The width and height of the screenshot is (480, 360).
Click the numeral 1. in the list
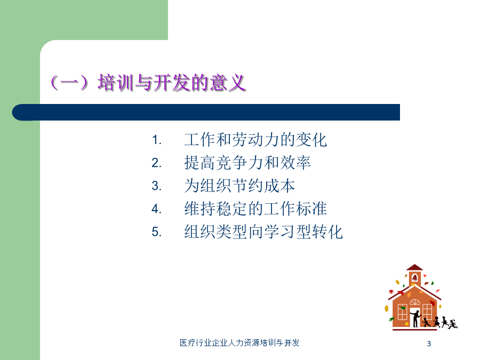click(156, 140)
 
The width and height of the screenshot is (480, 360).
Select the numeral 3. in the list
click(156, 186)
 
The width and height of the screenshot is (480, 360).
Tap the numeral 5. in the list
click(156, 232)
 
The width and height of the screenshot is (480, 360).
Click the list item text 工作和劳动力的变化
click(255, 140)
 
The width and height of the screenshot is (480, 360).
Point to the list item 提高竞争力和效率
click(247, 163)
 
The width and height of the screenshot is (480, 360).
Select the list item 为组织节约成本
click(239, 186)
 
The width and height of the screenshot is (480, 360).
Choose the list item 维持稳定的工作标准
click(255, 209)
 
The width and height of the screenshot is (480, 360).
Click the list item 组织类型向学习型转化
click(263, 231)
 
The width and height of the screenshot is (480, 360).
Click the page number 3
click(429, 343)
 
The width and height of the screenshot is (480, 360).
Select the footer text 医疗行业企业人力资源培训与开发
click(239, 342)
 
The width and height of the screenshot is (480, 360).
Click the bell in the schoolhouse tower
click(414, 278)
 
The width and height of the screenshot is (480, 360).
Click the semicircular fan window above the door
click(415, 302)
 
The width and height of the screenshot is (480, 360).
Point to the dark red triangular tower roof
click(414, 267)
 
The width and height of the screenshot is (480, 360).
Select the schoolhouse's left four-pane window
click(402, 312)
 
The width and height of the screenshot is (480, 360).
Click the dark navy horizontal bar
click(206, 113)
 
